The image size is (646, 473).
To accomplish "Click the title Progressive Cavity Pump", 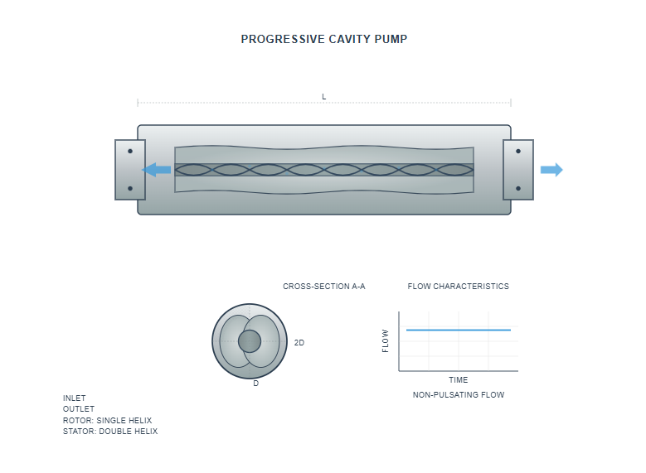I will (x=323, y=39).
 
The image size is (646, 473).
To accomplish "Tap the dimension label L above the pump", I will (x=324, y=97).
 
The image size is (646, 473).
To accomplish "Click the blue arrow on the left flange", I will (x=157, y=170).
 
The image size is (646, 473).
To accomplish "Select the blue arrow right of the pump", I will (x=551, y=170).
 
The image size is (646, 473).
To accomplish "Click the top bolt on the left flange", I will (x=130, y=152).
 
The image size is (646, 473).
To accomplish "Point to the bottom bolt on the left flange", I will (x=130, y=188).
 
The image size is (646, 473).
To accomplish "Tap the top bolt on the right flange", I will (x=518, y=152).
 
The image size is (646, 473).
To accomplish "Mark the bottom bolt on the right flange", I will (x=518, y=188).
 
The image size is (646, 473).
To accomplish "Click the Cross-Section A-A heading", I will (x=324, y=287).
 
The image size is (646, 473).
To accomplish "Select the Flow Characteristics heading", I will (x=459, y=287).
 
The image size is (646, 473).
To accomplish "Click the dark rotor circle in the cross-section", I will (x=250, y=341).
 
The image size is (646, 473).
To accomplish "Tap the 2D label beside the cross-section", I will (x=299, y=342).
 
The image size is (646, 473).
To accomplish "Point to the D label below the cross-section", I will (x=255, y=384).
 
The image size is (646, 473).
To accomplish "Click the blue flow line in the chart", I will (x=459, y=330).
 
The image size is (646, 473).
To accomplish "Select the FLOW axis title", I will (x=386, y=341).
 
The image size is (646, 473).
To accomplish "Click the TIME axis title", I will (x=459, y=380).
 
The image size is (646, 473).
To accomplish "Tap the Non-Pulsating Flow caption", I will (x=459, y=395).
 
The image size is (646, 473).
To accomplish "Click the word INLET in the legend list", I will (x=75, y=398).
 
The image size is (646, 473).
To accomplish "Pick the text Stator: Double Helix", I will (x=110, y=432).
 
